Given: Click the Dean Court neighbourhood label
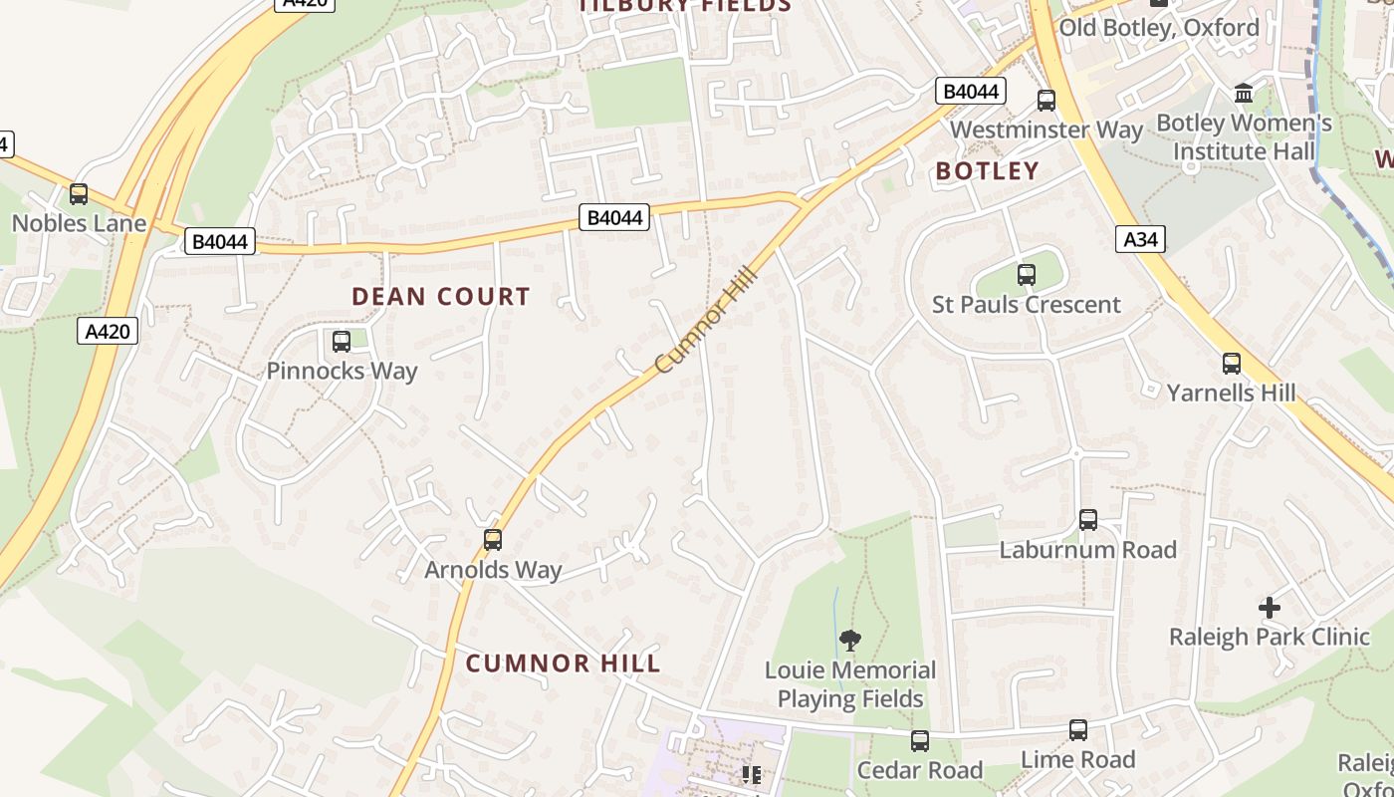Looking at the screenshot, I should point(441,296).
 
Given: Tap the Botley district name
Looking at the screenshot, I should point(987,171).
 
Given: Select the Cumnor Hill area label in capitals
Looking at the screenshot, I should point(563,664).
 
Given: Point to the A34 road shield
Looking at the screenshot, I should point(1140,239).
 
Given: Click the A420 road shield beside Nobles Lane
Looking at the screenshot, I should point(107,331).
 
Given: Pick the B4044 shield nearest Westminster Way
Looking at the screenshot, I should point(970,92).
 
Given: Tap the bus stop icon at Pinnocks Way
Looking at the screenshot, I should point(341,342).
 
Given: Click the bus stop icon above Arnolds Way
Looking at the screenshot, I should point(492,540).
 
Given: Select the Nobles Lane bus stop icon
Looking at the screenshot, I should point(78,194).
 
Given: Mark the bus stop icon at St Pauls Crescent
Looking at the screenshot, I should point(1026,275).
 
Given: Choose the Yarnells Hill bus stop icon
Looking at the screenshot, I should point(1232,364).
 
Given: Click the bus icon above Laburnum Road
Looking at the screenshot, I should point(1087,519).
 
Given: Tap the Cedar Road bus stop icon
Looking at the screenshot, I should point(919,741).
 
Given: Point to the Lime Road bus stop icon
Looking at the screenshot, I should point(1077,730).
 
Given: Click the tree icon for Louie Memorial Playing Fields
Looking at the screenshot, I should point(849,640).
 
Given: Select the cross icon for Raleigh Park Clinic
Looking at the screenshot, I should point(1269,607).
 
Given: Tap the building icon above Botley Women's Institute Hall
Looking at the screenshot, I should point(1243,94).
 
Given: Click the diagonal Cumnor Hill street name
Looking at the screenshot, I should point(708,319).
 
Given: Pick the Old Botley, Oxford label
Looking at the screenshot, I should point(1158,27).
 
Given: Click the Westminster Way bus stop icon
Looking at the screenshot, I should point(1045,101).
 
